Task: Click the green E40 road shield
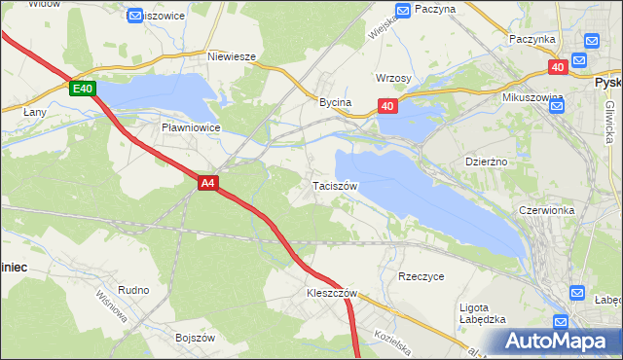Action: point(83,89)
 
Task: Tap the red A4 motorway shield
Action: point(207,182)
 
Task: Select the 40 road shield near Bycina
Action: point(387,106)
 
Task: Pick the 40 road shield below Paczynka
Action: point(557,67)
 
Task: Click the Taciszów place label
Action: point(336,185)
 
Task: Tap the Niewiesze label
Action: point(232,56)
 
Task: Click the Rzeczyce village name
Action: point(421,276)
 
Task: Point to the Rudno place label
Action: point(133,290)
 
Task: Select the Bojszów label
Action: point(194,337)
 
